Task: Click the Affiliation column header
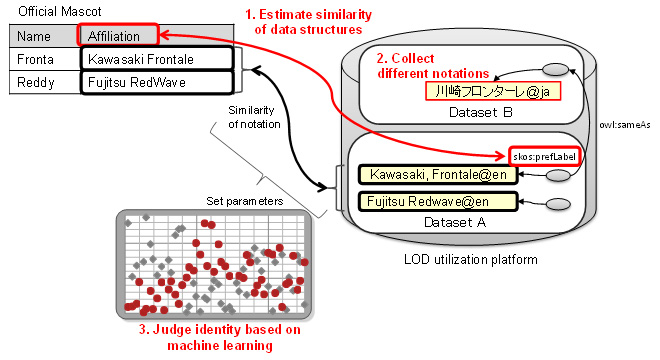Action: tap(114, 36)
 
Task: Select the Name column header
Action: tap(34, 37)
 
